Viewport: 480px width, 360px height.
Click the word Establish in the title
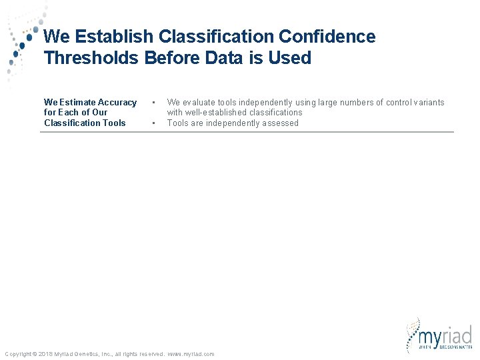108,37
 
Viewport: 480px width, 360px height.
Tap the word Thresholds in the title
91,58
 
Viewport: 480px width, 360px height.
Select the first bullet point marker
154,102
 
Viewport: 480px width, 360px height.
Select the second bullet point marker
154,123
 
